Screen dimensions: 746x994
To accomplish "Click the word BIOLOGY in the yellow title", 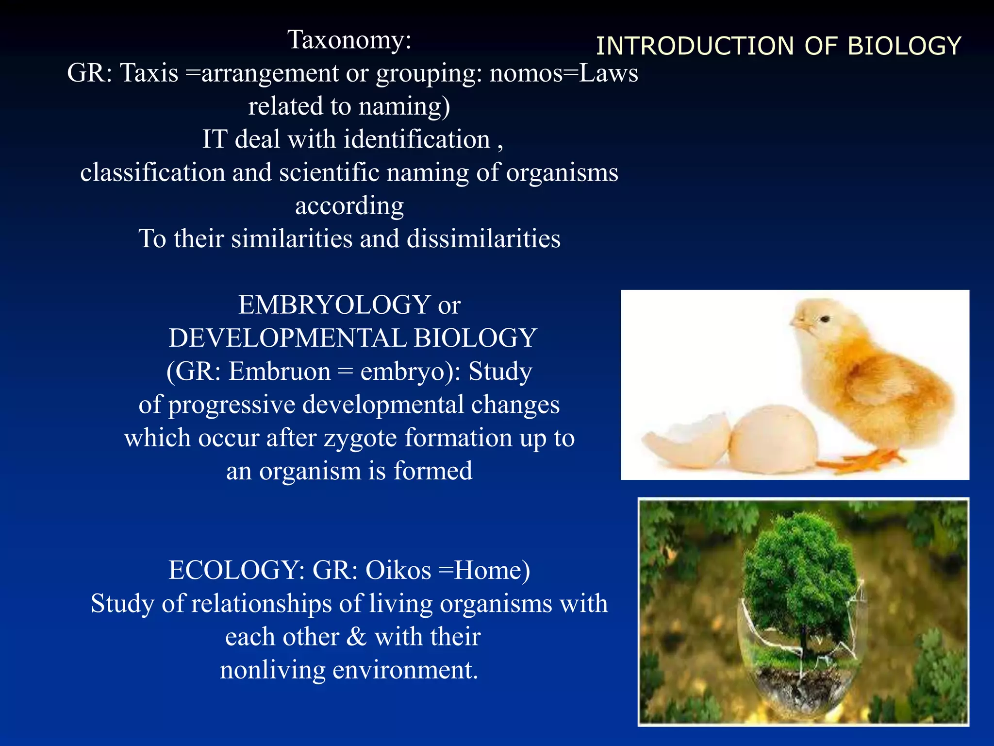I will coord(904,46).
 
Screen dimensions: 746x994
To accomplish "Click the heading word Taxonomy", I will coord(348,39).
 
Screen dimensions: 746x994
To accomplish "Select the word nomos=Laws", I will coord(563,73).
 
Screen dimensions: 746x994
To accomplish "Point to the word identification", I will coord(417,139).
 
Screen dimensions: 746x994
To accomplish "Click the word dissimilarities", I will coord(483,238).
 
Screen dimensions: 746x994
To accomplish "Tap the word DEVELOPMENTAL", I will coord(287,338).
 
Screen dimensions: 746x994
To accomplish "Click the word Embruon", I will coord(280,372).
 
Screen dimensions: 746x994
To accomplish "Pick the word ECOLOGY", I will coord(233,570).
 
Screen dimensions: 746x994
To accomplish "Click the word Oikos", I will coord(398,570).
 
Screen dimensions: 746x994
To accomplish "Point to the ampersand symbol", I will coord(356,637).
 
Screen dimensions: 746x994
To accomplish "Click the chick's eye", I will coord(825,319).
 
